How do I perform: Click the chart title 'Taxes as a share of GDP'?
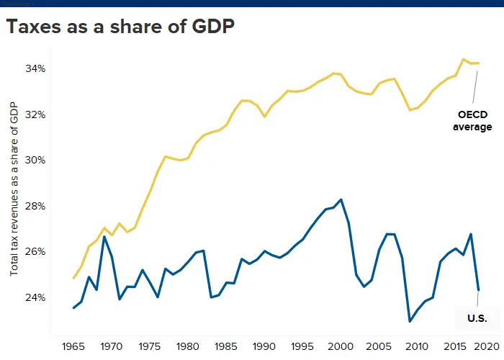[120, 27]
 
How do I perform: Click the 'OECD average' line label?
[472, 121]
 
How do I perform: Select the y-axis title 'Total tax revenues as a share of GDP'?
[14, 189]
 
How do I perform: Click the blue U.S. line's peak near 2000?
[341, 199]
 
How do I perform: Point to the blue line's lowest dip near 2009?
[410, 321]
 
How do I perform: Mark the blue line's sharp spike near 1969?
[104, 237]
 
